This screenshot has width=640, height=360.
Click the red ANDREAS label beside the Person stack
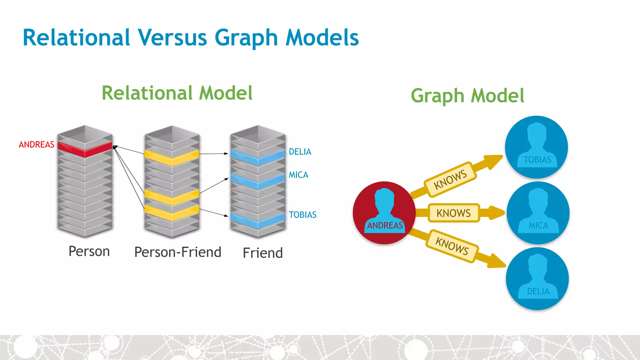[x=36, y=145]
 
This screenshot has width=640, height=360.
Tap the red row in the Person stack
[x=85, y=149]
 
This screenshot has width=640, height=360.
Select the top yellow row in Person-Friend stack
[x=172, y=157]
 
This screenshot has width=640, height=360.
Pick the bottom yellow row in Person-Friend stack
[x=172, y=213]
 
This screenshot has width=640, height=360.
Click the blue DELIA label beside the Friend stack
[x=300, y=152]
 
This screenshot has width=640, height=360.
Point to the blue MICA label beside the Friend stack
[x=298, y=175]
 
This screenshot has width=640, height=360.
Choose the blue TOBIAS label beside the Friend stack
[x=302, y=215]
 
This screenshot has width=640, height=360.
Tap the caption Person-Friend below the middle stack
[x=177, y=252]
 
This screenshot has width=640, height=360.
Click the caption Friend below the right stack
[x=262, y=253]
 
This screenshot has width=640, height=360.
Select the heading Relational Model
[x=177, y=93]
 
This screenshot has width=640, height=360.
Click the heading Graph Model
[x=467, y=96]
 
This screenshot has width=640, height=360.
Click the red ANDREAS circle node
[x=384, y=212]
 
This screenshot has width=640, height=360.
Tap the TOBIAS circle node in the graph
[x=537, y=147]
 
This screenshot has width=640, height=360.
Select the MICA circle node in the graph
[x=538, y=213]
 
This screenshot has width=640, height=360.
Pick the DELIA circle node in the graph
[x=537, y=278]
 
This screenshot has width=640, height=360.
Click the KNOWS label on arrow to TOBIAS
[x=450, y=179]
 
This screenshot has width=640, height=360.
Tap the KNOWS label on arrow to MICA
[x=453, y=213]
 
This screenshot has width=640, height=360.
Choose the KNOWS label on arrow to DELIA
[x=452, y=246]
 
